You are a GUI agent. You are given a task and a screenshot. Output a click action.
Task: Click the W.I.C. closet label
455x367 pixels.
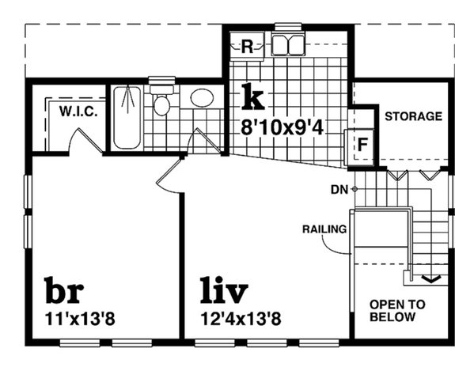(x=78, y=112)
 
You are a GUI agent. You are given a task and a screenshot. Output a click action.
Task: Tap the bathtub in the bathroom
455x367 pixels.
(x=127, y=117)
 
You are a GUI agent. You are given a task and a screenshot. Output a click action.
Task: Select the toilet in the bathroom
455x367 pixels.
(x=161, y=102)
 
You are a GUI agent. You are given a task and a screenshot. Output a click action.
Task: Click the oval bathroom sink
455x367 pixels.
(x=202, y=98)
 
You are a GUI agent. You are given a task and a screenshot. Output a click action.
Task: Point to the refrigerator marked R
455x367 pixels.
(x=246, y=47)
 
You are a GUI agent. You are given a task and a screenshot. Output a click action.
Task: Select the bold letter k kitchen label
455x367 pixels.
(x=252, y=97)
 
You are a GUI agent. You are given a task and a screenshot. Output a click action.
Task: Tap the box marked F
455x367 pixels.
(x=362, y=145)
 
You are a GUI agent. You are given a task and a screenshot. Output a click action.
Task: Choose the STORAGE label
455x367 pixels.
(x=412, y=116)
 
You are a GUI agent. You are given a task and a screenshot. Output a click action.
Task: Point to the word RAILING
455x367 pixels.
(x=324, y=229)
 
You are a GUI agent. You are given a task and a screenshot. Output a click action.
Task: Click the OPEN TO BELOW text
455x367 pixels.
(x=397, y=311)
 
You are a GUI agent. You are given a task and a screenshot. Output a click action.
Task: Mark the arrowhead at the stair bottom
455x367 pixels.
(x=431, y=278)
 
